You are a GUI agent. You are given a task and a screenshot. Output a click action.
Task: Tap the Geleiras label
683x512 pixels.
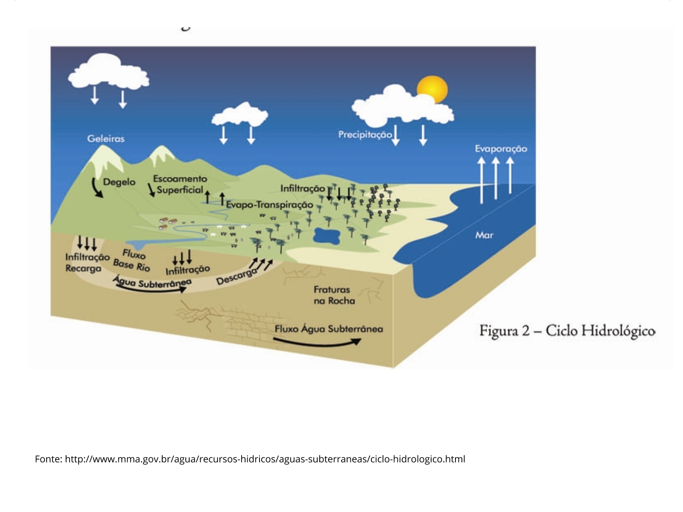(106, 139)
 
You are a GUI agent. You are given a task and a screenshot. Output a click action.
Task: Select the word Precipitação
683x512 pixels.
(365, 135)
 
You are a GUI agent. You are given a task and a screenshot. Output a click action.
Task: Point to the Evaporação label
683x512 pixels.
(501, 149)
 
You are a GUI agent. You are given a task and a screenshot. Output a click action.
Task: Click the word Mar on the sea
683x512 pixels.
(484, 235)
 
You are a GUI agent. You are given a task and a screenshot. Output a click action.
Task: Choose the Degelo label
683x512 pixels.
(119, 182)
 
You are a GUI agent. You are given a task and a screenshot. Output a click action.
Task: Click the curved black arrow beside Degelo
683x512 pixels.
(97, 188)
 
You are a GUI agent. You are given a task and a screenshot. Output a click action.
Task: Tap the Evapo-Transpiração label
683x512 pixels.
(269, 205)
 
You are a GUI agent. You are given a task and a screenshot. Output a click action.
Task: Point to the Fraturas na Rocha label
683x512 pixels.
(334, 295)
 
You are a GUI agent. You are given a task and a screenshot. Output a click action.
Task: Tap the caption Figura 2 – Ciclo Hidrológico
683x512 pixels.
(567, 331)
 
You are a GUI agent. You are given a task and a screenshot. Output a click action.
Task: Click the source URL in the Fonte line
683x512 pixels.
(265, 459)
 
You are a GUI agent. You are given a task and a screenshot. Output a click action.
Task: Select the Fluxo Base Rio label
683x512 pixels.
(132, 260)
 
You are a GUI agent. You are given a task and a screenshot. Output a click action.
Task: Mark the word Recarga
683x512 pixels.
(83, 269)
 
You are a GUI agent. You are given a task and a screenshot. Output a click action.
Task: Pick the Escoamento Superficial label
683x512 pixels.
(180, 184)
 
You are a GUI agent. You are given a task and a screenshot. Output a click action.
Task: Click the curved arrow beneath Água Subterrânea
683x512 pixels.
(152, 289)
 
